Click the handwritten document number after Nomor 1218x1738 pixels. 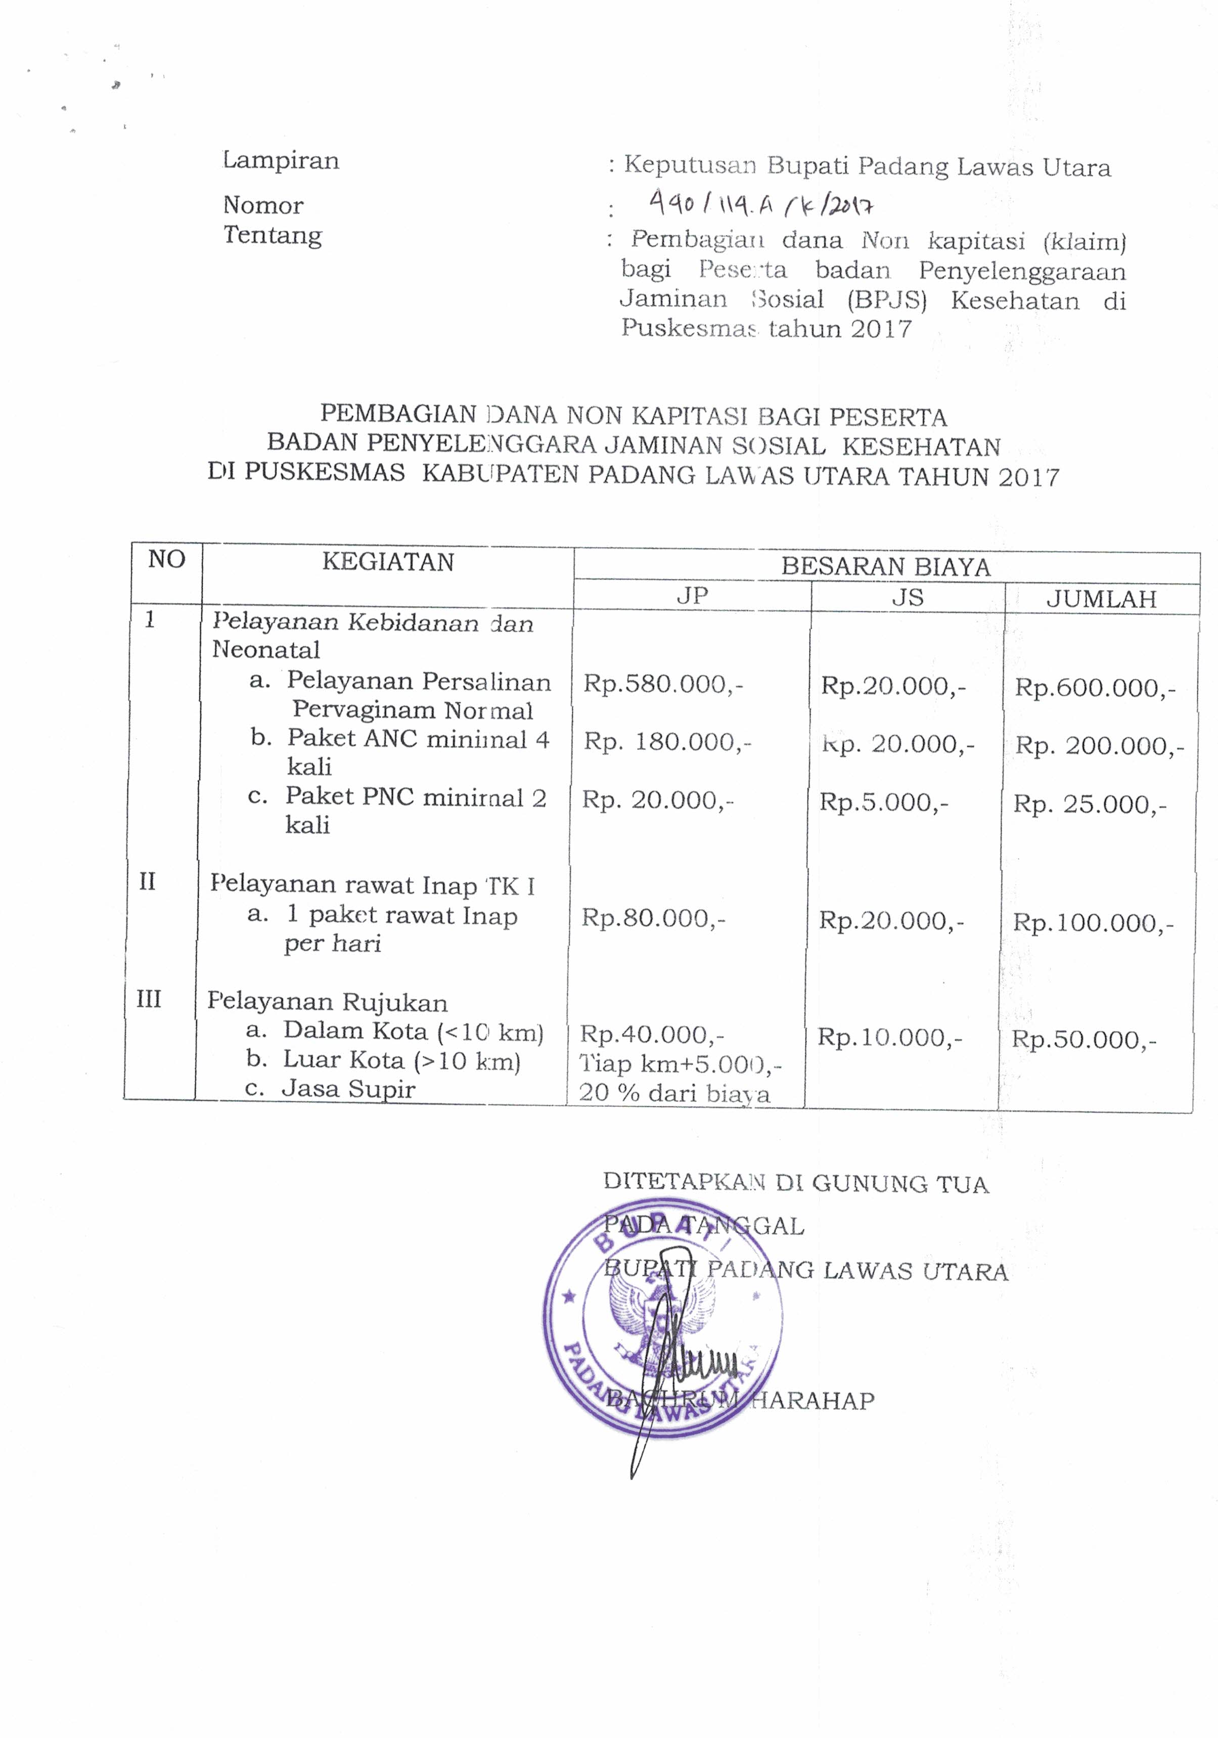[761, 204]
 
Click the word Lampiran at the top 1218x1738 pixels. [281, 160]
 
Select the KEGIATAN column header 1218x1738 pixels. [388, 562]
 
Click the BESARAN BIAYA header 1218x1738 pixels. [886, 566]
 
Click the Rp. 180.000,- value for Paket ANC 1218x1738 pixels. [667, 742]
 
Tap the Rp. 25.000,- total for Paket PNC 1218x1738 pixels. [1090, 804]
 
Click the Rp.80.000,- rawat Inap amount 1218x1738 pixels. [653, 918]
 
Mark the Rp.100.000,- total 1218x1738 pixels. [1093, 923]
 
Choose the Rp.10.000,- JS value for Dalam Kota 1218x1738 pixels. [889, 1037]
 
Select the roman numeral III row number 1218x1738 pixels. [148, 999]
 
